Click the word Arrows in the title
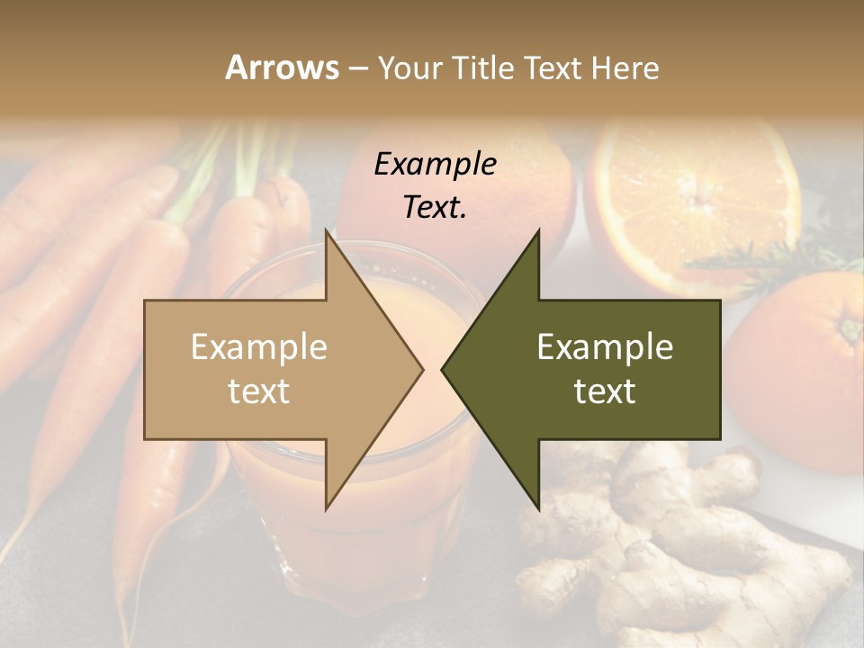pyautogui.click(x=282, y=67)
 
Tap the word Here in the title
pyautogui.click(x=625, y=67)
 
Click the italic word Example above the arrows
pyautogui.click(x=435, y=164)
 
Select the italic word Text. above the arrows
pyautogui.click(x=435, y=207)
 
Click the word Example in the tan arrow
pyautogui.click(x=259, y=346)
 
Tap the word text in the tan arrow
pyautogui.click(x=259, y=391)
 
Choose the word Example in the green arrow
pyautogui.click(x=605, y=346)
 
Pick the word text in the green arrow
pyautogui.click(x=605, y=391)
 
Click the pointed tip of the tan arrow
pyautogui.click(x=421, y=369)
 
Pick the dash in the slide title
pyautogui.click(x=357, y=68)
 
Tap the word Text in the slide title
pyautogui.click(x=553, y=67)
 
